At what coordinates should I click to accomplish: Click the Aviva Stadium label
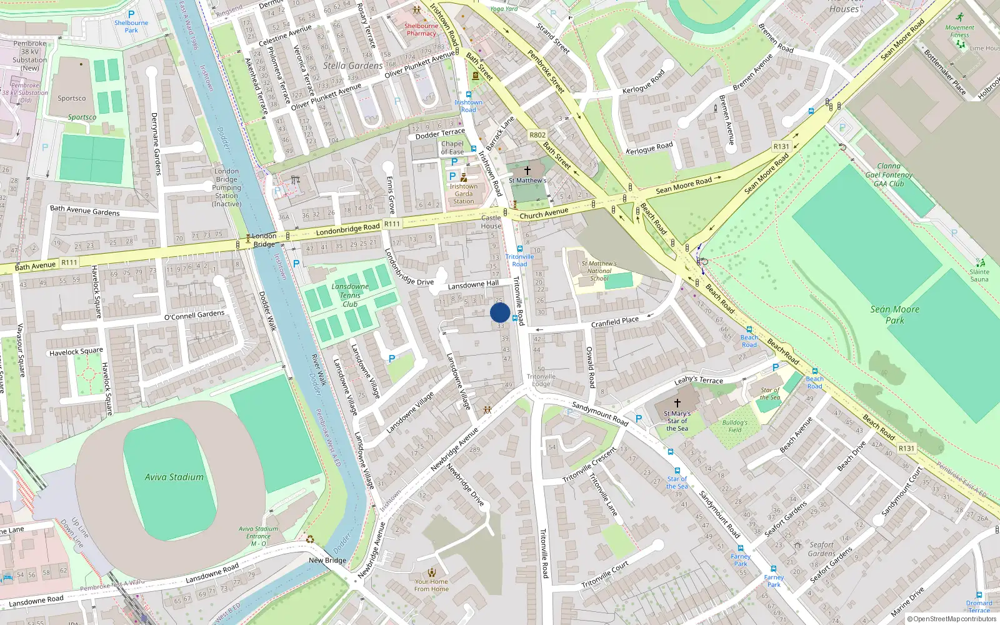tap(174, 477)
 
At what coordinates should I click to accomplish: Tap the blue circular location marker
tap(500, 312)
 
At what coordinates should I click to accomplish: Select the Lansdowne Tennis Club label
tap(350, 295)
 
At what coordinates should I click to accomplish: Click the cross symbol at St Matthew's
tap(527, 170)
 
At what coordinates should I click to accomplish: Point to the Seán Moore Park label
tap(894, 314)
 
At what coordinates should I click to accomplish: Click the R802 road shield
tap(537, 135)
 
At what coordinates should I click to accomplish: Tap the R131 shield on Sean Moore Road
tap(781, 146)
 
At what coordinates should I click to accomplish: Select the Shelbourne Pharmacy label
tap(421, 29)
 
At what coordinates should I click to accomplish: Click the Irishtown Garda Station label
tap(464, 194)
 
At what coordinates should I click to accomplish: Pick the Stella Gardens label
tap(353, 66)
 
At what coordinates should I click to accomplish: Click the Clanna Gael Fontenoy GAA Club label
tap(889, 175)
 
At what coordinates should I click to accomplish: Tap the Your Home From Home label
tap(431, 585)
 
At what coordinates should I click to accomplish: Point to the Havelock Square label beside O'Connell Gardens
tap(76, 352)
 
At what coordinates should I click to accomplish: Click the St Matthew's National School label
tap(599, 271)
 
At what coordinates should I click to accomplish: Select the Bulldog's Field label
tap(735, 426)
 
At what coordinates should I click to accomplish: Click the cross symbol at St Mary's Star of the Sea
tap(677, 403)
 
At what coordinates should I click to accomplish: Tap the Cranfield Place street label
tap(615, 322)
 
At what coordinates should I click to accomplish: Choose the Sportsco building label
tap(72, 98)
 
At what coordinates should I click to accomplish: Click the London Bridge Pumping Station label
tap(227, 187)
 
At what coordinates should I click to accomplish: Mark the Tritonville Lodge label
tap(541, 380)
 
